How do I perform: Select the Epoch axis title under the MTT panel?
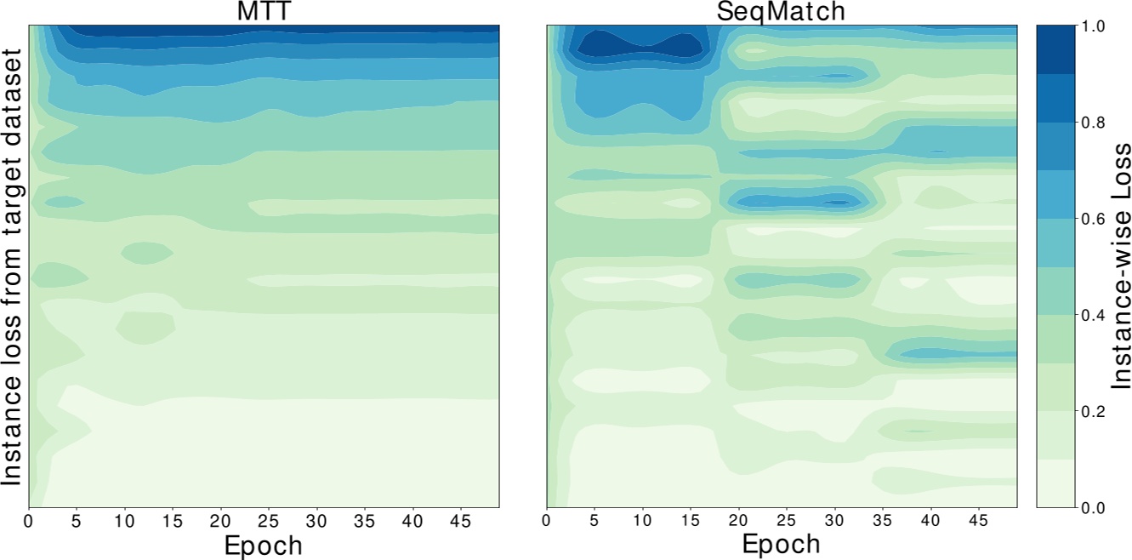pyautogui.click(x=264, y=545)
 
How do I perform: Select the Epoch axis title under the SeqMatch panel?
pyautogui.click(x=781, y=545)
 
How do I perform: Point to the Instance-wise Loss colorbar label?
pyautogui.click(x=1112, y=266)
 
